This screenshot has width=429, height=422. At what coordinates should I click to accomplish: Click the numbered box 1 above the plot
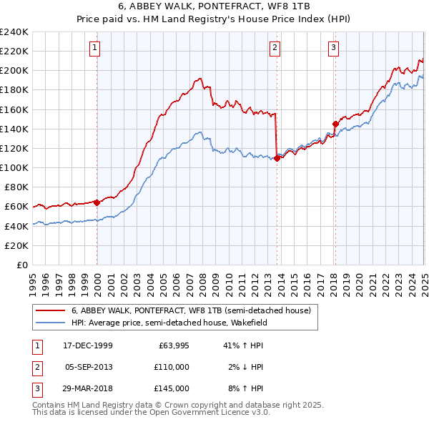(x=95, y=48)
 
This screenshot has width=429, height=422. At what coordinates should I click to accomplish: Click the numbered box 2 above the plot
(x=275, y=48)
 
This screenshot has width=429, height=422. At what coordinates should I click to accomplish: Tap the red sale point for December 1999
(x=97, y=202)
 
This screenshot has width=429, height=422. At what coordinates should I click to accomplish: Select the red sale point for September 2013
(x=277, y=158)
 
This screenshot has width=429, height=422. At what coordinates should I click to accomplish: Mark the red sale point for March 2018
(x=335, y=124)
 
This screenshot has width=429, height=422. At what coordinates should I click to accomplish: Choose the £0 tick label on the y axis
(x=21, y=265)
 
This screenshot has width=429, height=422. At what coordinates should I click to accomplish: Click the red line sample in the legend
(x=51, y=311)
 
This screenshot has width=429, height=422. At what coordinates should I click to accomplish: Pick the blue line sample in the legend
(x=51, y=323)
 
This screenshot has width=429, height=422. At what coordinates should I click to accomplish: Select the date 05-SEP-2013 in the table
(x=89, y=367)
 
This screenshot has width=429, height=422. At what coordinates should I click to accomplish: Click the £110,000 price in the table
(x=172, y=367)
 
